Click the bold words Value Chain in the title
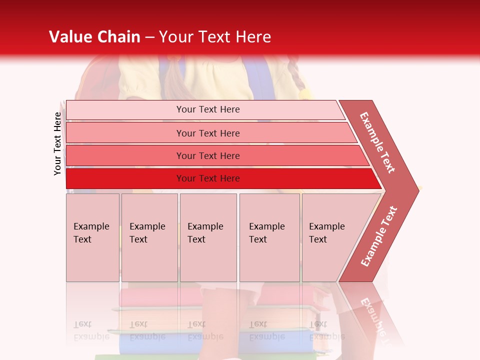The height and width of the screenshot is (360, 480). pyautogui.click(x=94, y=37)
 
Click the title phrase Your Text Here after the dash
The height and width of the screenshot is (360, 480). pyautogui.click(x=215, y=37)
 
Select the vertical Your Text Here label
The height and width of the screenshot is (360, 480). pyautogui.click(x=57, y=143)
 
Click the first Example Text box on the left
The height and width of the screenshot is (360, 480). pyautogui.click(x=92, y=237)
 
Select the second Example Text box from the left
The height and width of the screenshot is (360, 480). pyautogui.click(x=149, y=237)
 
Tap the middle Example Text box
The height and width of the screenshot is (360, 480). pyautogui.click(x=208, y=237)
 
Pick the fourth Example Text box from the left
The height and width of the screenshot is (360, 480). pyautogui.click(x=269, y=237)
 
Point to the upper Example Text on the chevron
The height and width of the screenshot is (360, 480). pyautogui.click(x=377, y=142)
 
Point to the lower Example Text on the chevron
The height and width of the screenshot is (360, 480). pyautogui.click(x=379, y=236)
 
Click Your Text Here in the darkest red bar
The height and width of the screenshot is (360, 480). pyautogui.click(x=208, y=178)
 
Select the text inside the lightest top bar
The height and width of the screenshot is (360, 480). pyautogui.click(x=208, y=109)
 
